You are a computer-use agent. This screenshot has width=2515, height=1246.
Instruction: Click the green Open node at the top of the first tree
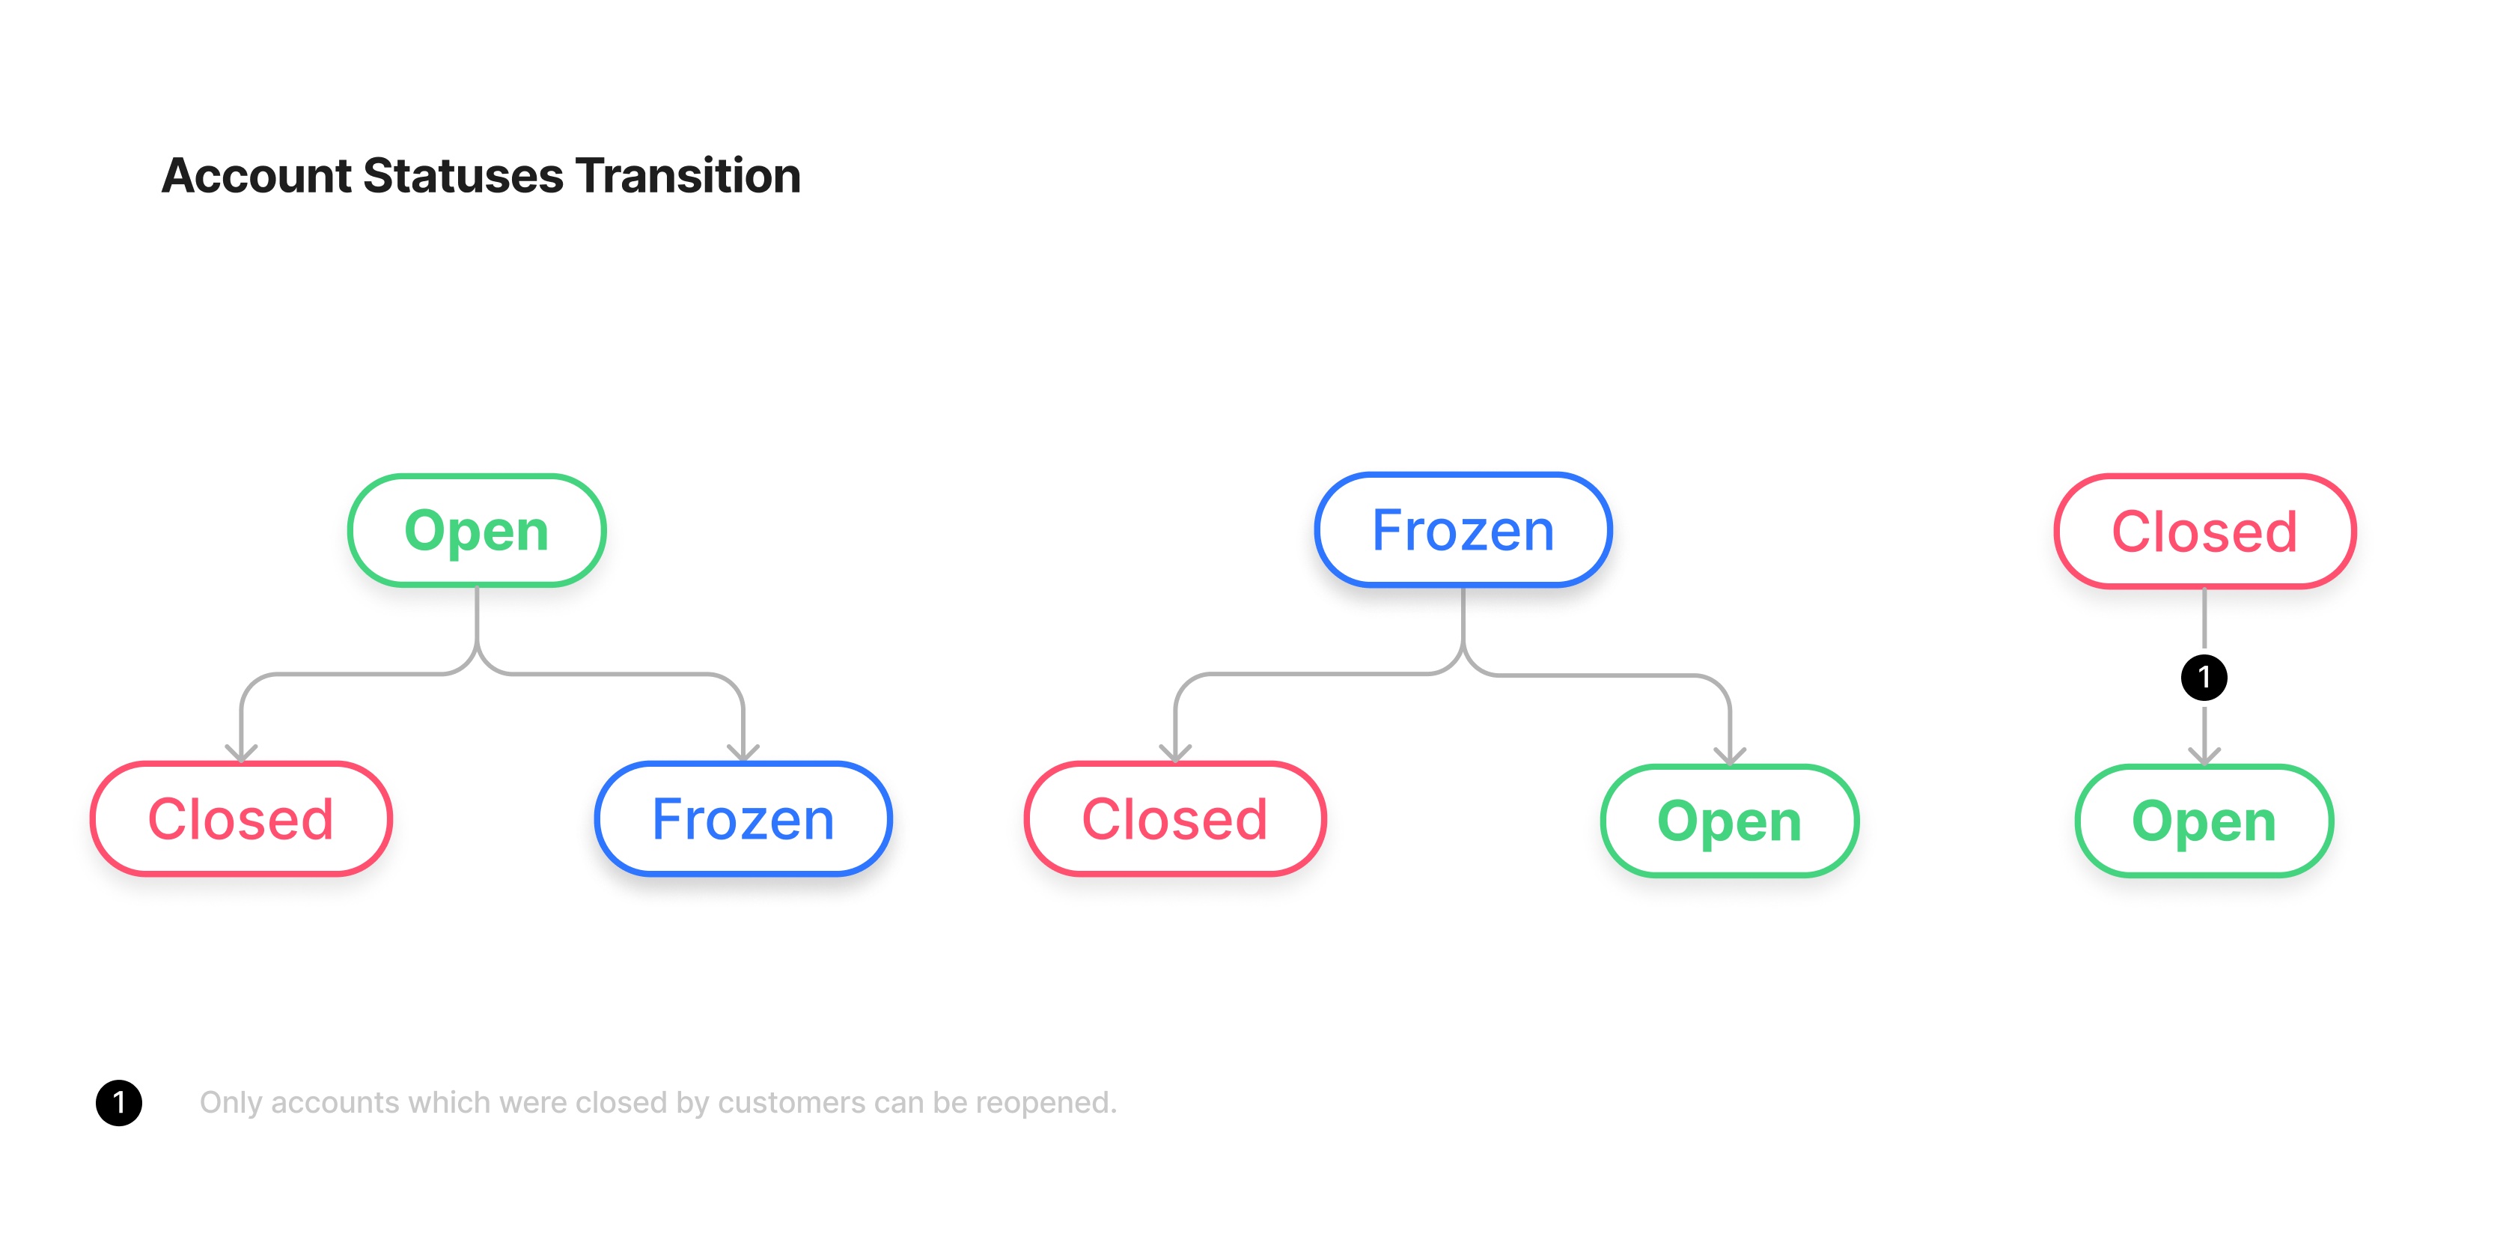[x=477, y=530]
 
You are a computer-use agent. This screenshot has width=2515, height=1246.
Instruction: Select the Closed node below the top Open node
[x=241, y=818]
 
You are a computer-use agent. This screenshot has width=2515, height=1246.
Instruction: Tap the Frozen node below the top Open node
[x=743, y=818]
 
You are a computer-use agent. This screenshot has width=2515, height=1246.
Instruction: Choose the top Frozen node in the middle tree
[x=1463, y=530]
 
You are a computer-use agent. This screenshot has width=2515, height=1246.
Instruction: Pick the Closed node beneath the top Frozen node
[x=1174, y=818]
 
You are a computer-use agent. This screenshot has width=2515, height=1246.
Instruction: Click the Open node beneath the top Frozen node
[x=1729, y=820]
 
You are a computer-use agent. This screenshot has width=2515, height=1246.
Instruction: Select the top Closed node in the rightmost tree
[x=2204, y=531]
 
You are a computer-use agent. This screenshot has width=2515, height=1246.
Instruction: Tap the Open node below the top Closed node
[x=2204, y=820]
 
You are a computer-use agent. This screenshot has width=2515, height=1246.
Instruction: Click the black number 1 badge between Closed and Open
[x=2204, y=677]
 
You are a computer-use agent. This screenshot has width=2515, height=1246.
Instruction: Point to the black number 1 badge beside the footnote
[x=119, y=1102]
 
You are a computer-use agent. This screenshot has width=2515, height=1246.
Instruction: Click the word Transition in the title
[x=689, y=176]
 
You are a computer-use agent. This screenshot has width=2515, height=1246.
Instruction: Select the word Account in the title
[x=257, y=176]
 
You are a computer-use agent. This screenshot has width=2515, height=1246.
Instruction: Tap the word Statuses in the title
[x=464, y=176]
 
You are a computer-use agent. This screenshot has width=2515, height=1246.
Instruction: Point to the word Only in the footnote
[x=231, y=1102]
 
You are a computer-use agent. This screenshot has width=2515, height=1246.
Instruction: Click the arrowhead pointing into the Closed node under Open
[x=241, y=753]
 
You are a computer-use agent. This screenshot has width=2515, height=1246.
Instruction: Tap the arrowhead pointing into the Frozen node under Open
[x=743, y=753]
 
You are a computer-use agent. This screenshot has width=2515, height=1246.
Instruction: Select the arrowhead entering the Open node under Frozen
[x=1730, y=755]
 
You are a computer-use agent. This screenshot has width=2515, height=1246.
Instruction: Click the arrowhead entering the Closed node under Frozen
[x=1175, y=753]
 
